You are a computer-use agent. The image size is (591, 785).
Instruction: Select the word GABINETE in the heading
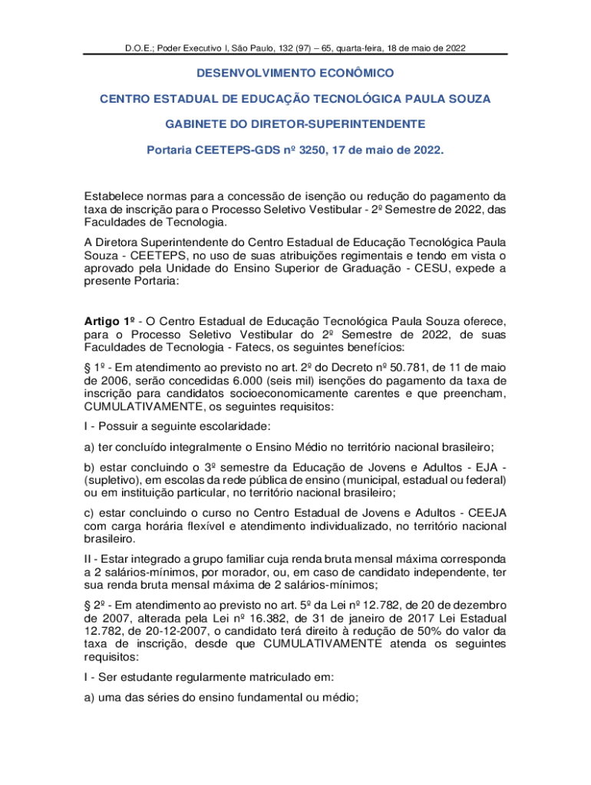click(198, 123)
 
